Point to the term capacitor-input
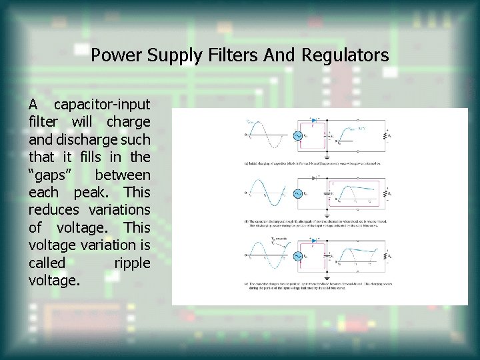[x=102, y=105]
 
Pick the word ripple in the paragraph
[x=132, y=263]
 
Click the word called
[x=47, y=263]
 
